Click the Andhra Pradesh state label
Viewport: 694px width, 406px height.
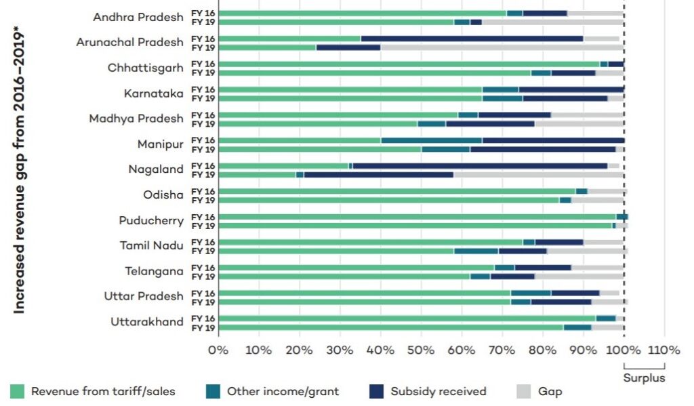tap(138, 17)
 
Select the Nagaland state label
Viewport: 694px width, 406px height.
tap(156, 169)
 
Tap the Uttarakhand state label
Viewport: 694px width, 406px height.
tap(147, 321)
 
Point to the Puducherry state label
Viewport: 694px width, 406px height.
tap(150, 220)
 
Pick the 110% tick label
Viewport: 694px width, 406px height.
tap(664, 350)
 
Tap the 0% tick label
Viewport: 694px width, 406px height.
tap(218, 350)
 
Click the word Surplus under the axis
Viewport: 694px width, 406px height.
tap(644, 378)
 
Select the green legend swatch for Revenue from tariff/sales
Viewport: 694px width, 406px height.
tap(17, 391)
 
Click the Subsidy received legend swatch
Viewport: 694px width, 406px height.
tap(377, 391)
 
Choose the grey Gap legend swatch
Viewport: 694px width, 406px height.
tap(524, 391)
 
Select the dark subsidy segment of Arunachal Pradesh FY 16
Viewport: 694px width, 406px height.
tap(472, 39)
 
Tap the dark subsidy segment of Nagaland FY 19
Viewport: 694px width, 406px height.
tap(379, 175)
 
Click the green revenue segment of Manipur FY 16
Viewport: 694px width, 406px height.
tap(300, 140)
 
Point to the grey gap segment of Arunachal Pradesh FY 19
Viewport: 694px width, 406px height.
tap(502, 47)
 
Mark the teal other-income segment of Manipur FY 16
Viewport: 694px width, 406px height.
tap(432, 140)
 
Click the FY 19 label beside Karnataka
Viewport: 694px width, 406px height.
tap(201, 98)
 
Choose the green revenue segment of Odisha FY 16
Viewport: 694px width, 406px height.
tap(398, 191)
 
